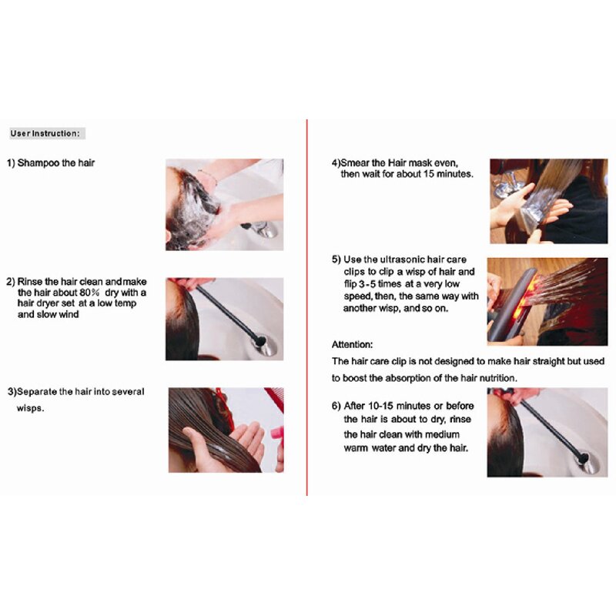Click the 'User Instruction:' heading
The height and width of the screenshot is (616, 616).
pyautogui.click(x=45, y=133)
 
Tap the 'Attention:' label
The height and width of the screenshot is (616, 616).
pyautogui.click(x=352, y=344)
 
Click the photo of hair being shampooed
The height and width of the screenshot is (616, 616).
pyautogui.click(x=224, y=204)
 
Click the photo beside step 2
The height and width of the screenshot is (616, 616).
pyautogui.click(x=224, y=319)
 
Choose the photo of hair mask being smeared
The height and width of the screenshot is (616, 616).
pyautogui.click(x=548, y=201)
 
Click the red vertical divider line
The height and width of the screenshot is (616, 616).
pyautogui.click(x=307, y=308)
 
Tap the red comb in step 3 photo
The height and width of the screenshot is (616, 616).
pyautogui.click(x=273, y=400)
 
